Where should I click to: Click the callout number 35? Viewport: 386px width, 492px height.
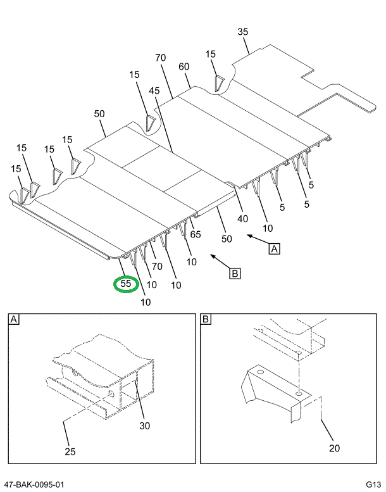coord(243,32)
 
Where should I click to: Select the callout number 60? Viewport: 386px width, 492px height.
coord(184,66)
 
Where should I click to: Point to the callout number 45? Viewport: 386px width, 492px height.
coord(154,91)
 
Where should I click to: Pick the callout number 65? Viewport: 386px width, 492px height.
coord(195,234)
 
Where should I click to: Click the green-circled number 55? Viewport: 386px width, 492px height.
coord(126,284)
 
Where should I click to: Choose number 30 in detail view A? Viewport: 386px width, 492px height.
coord(144,426)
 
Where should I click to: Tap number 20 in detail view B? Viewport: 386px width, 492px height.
coord(334,448)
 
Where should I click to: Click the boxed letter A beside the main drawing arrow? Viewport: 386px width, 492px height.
coord(274,249)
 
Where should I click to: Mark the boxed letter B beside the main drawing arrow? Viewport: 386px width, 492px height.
coord(234,274)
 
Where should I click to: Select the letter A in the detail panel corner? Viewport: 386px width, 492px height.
coord(14,320)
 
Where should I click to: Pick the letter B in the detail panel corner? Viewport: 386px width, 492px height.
coord(206,320)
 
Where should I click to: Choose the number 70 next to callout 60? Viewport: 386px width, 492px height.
coord(160,58)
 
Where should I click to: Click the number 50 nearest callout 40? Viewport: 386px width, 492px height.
coord(227,239)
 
